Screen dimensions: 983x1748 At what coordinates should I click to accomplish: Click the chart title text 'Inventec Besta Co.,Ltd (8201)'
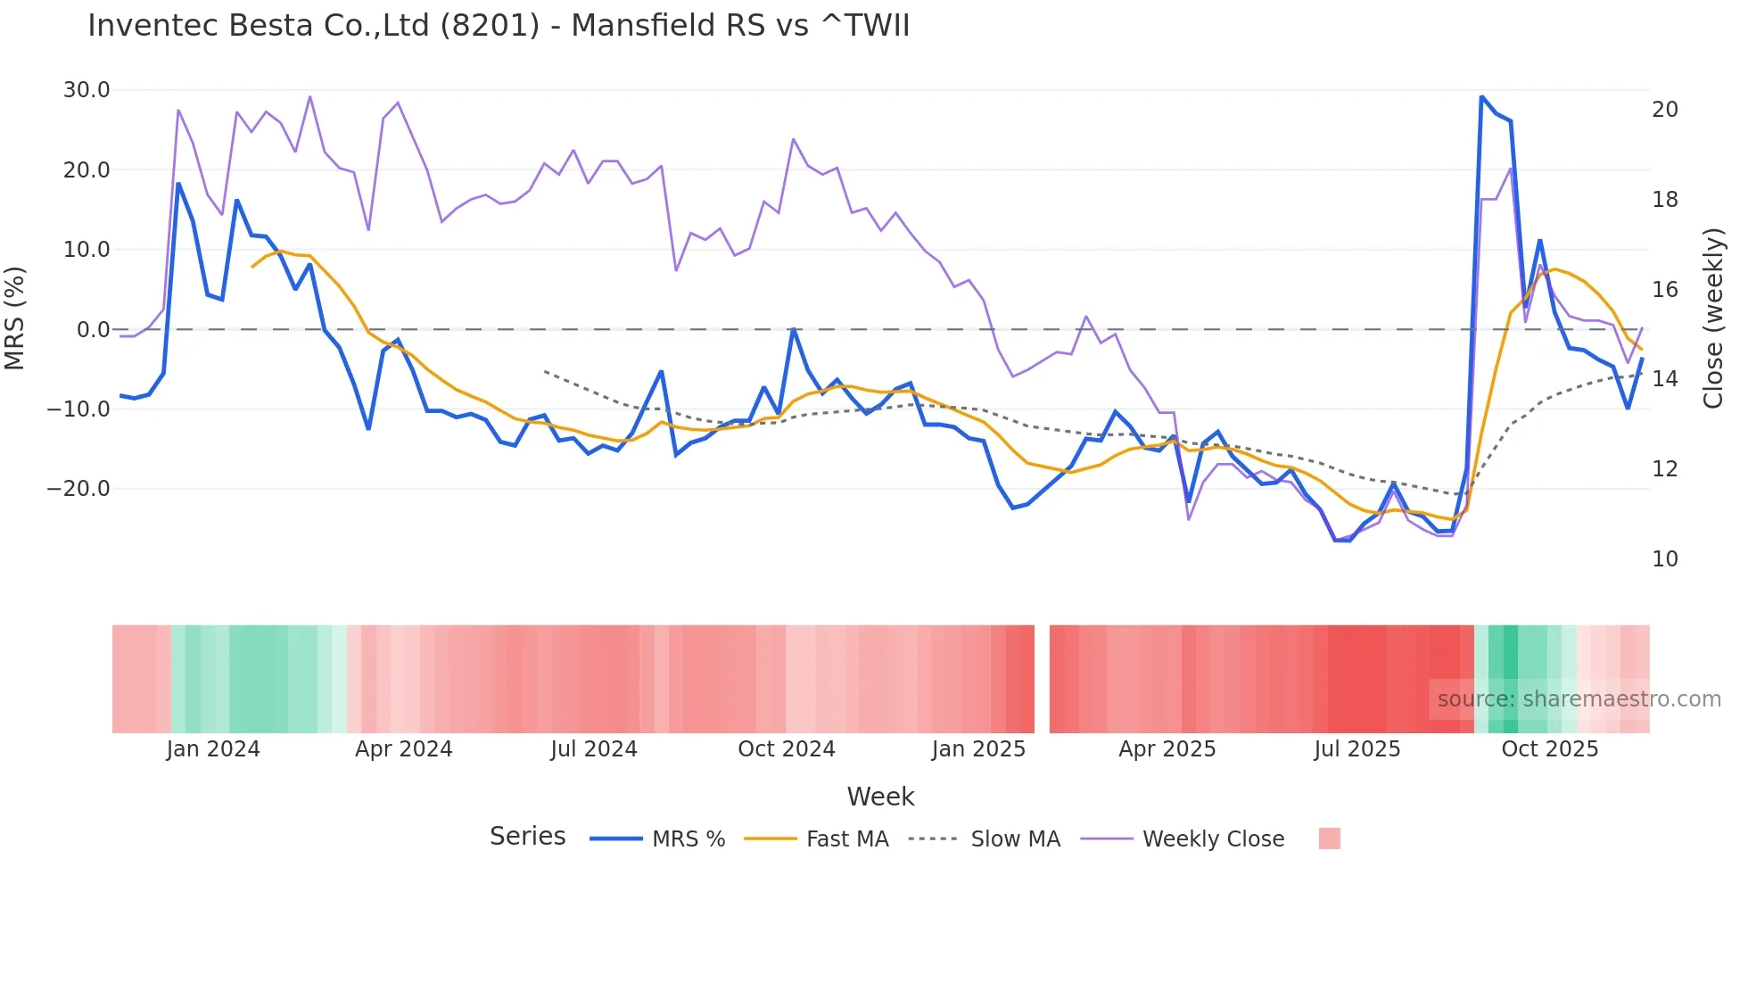(312, 26)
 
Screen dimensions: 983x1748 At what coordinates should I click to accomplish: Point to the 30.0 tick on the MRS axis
(87, 90)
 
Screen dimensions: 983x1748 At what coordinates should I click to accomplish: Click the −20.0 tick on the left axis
(78, 489)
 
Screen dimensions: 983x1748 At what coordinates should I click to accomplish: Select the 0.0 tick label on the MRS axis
(93, 330)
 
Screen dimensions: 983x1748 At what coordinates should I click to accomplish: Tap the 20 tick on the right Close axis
(1664, 110)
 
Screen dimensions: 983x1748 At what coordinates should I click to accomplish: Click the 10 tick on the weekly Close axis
(1664, 559)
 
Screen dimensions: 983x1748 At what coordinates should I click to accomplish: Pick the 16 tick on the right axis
(1664, 290)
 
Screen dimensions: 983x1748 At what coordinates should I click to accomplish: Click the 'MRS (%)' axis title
(15, 318)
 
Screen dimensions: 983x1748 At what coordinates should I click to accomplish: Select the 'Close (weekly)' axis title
(1712, 318)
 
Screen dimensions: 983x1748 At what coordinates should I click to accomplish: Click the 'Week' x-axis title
(880, 797)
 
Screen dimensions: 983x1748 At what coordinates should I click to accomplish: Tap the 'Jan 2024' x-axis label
(213, 749)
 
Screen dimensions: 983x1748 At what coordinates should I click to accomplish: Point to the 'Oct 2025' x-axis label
(1549, 749)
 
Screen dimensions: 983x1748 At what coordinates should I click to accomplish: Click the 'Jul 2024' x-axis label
(594, 749)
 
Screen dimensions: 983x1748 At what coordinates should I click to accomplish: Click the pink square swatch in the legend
(1329, 838)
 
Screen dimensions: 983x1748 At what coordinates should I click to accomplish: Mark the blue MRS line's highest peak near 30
(1481, 97)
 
